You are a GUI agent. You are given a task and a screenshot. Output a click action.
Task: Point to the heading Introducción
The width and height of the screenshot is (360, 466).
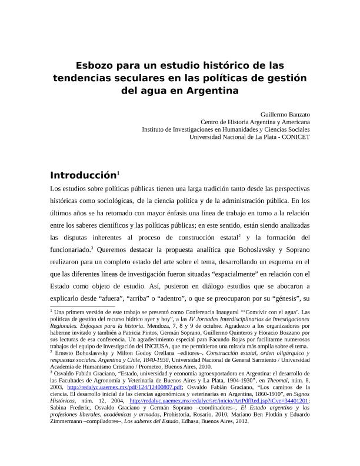click(x=82, y=175)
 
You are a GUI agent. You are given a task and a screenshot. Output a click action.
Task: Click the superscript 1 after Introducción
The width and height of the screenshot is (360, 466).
click(x=119, y=173)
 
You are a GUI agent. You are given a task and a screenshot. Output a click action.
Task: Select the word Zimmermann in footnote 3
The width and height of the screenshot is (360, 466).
click(x=69, y=421)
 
